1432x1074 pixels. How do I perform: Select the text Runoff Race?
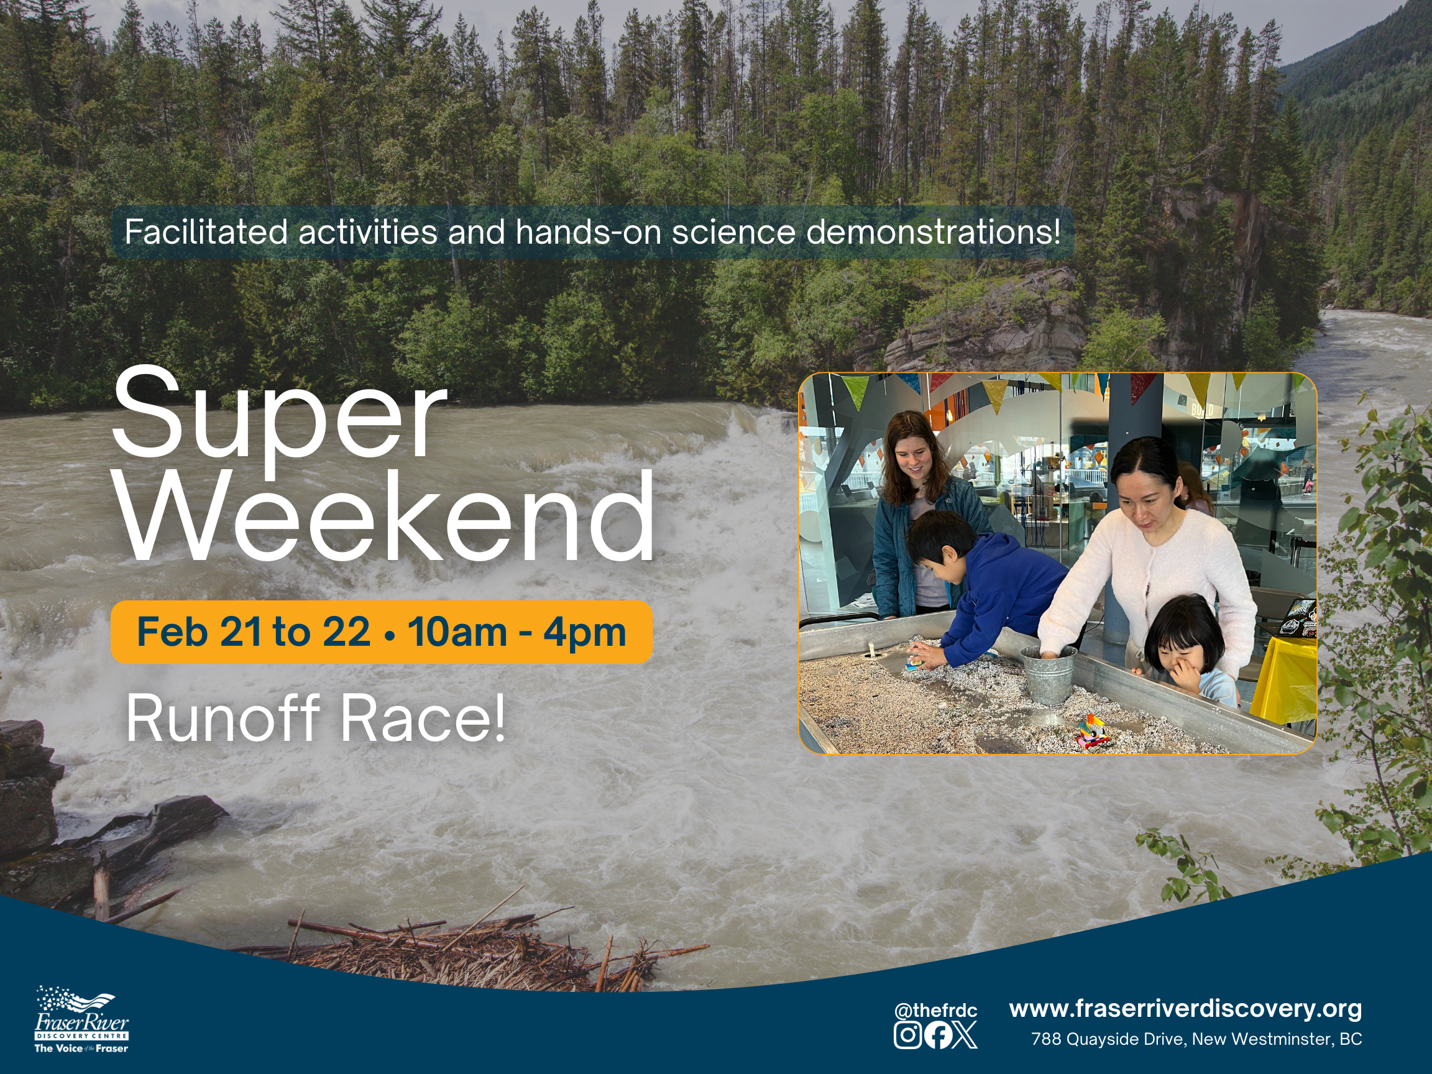tap(316, 718)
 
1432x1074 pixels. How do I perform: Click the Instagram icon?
tap(907, 1034)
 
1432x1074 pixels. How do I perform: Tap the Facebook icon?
tap(937, 1034)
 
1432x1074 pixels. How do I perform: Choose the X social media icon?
tap(965, 1034)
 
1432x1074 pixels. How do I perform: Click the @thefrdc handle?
tap(935, 1011)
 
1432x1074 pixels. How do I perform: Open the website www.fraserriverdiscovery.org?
tap(1185, 1009)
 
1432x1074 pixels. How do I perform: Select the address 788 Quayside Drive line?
tap(1196, 1039)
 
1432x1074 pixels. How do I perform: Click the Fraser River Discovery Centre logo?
tap(81, 1020)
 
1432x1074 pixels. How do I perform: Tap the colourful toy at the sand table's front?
tap(1093, 730)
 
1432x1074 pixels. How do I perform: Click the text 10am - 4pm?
tap(516, 632)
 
